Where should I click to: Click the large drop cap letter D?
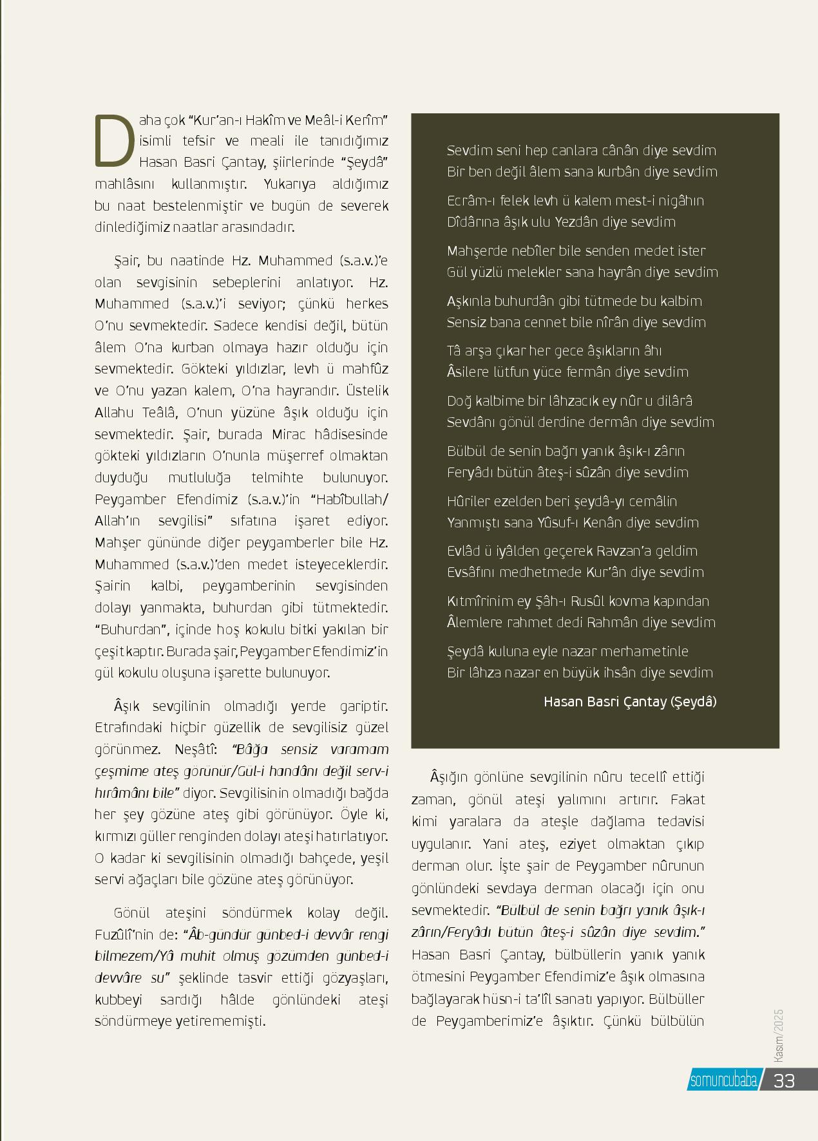[115, 140]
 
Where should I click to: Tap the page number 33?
[784, 1080]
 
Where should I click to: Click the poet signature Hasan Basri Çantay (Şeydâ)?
[629, 701]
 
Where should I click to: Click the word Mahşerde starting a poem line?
[477, 250]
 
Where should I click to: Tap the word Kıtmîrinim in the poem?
[480, 601]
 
